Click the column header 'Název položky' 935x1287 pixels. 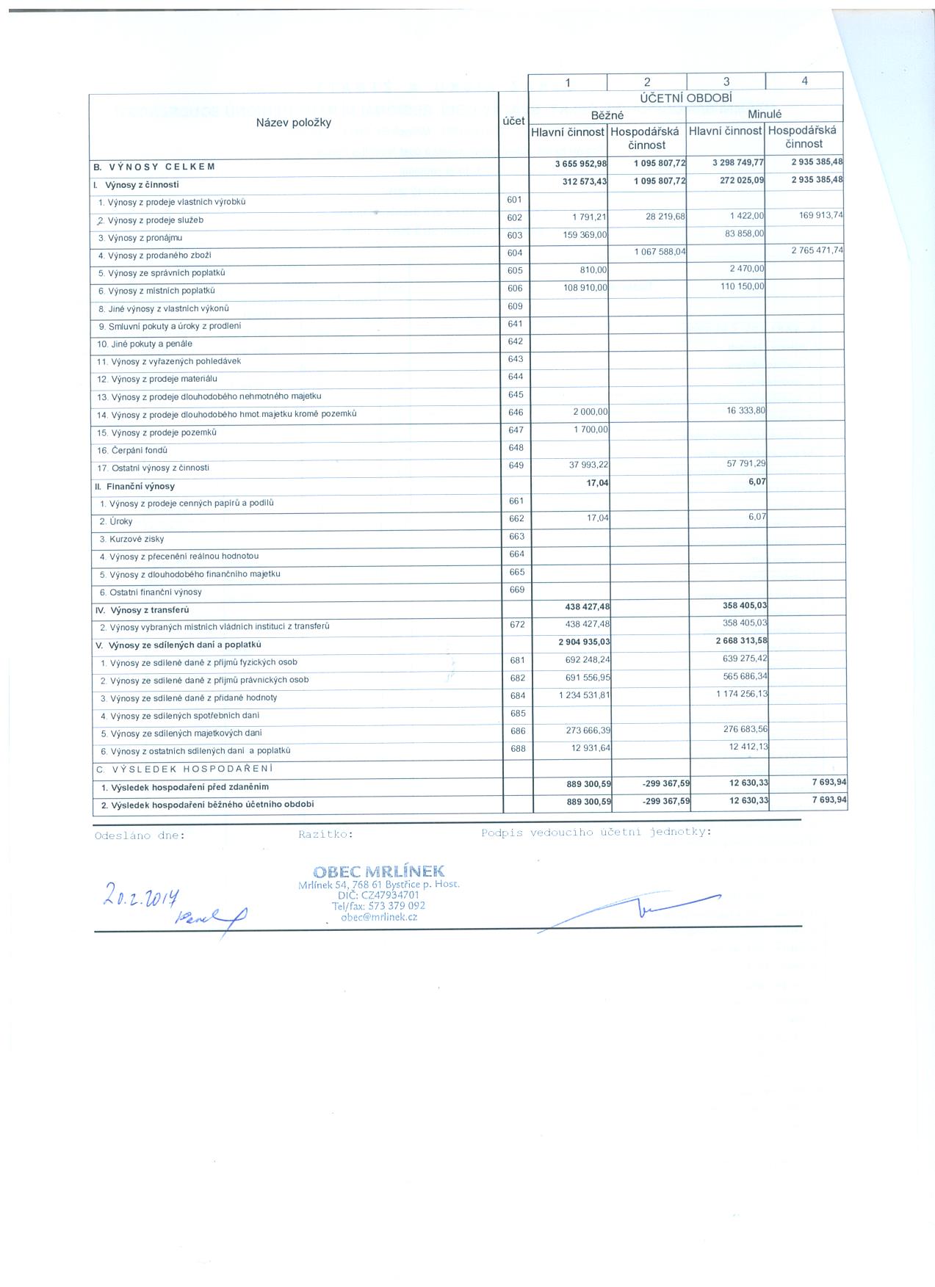(x=293, y=123)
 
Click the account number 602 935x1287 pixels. (x=514, y=218)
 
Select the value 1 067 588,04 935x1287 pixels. (x=660, y=252)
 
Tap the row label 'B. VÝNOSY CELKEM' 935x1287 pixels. (x=154, y=167)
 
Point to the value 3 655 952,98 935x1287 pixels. (x=581, y=164)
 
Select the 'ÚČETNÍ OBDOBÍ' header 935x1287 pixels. (x=685, y=98)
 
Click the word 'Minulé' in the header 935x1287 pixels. (x=764, y=115)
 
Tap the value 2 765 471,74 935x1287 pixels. (x=817, y=250)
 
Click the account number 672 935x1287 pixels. (x=516, y=625)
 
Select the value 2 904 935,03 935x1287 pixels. (x=584, y=642)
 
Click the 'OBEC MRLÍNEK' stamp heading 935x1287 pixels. (x=378, y=871)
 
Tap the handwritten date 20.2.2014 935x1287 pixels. (x=142, y=895)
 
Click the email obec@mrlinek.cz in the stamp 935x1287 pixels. (x=379, y=918)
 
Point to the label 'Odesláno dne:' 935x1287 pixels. (x=140, y=835)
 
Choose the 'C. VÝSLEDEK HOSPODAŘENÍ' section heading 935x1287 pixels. (x=184, y=769)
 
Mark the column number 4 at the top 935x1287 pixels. (x=804, y=81)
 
